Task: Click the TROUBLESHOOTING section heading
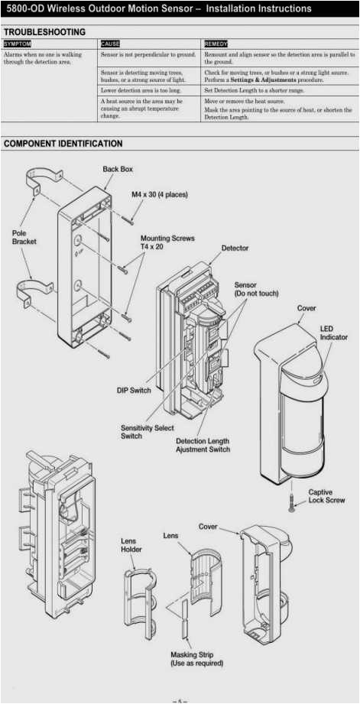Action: click(x=45, y=32)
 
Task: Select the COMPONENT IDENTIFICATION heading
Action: click(x=63, y=144)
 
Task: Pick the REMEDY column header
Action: click(x=216, y=44)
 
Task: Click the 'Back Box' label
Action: click(x=118, y=169)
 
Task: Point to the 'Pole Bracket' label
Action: click(x=24, y=237)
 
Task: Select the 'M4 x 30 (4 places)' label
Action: click(x=159, y=195)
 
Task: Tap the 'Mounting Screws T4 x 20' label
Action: click(x=167, y=243)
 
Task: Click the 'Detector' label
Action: click(x=235, y=248)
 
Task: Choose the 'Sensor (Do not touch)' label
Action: click(x=256, y=289)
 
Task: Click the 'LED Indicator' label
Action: click(x=333, y=333)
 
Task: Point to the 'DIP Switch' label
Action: click(x=134, y=391)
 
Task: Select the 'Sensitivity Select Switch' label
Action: click(x=147, y=432)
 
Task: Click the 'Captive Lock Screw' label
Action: click(x=326, y=496)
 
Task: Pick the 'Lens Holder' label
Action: click(x=131, y=545)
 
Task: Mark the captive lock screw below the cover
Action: click(x=291, y=501)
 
